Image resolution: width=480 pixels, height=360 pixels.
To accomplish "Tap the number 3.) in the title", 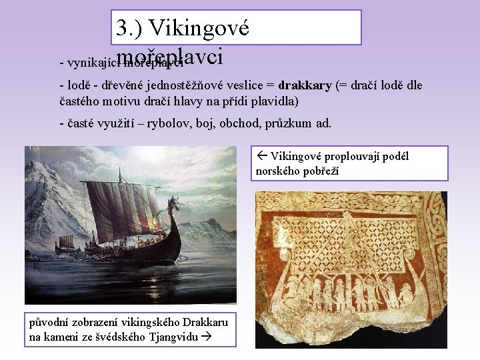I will point(129,29).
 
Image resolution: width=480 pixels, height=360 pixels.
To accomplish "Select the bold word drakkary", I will point(305,86).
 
